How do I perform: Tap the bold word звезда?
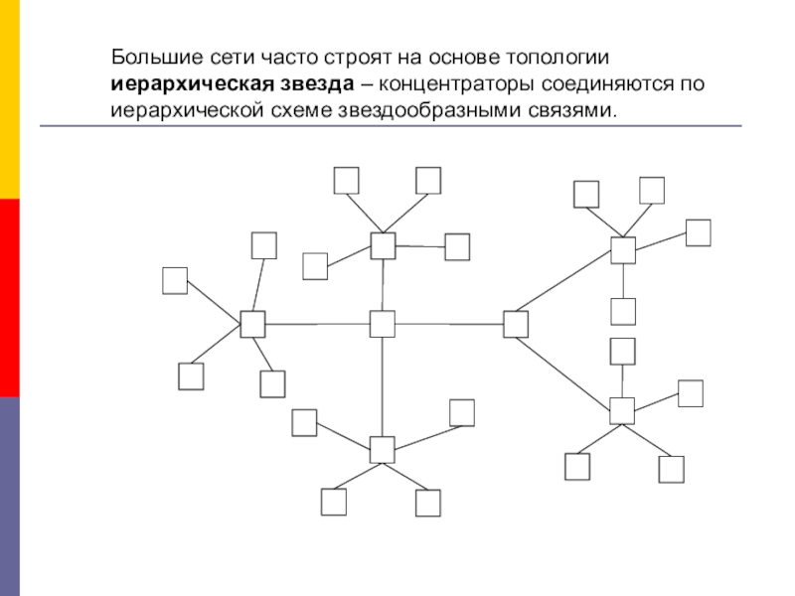311,84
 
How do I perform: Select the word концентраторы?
457,84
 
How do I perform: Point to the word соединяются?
607,84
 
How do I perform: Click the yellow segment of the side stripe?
10,99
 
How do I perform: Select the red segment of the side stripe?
10,298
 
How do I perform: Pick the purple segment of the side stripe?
10,497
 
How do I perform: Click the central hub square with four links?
383,324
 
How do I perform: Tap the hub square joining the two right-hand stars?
516,325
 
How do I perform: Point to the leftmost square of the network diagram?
175,281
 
